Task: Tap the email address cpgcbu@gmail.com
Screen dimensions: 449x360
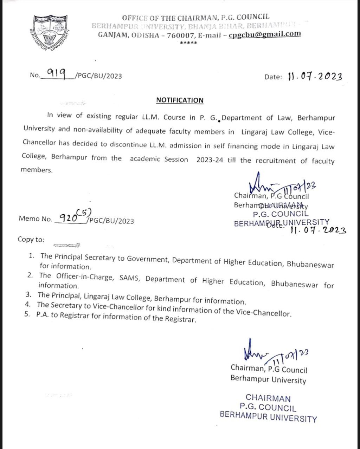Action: (x=265, y=34)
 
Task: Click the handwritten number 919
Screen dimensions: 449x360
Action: (x=56, y=74)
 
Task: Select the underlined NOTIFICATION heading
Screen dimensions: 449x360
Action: (x=180, y=100)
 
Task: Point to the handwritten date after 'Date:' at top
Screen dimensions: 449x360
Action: (x=314, y=76)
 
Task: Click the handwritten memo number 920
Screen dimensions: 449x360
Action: (x=68, y=219)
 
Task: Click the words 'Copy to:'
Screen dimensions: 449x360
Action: (x=31, y=240)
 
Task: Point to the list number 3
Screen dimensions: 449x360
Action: (x=31, y=294)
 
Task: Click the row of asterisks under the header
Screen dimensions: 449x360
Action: (x=188, y=43)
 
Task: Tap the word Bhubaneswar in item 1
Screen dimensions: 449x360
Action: (x=310, y=264)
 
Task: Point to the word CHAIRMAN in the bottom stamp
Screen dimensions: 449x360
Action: (x=268, y=398)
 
